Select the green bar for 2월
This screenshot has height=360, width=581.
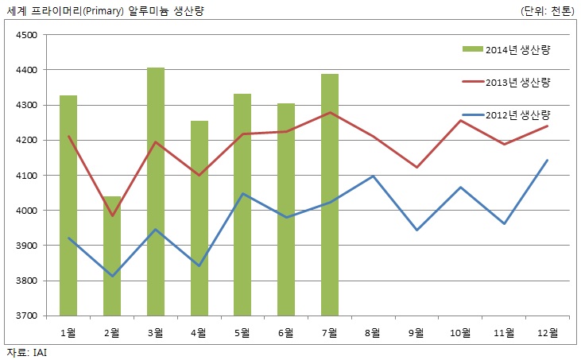(x=112, y=255)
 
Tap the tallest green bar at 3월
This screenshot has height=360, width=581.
(x=156, y=191)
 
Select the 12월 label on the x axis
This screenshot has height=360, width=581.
(x=548, y=331)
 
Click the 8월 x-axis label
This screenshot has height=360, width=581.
(x=374, y=331)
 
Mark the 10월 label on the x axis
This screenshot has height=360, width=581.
(x=460, y=331)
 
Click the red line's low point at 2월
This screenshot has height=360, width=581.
(x=112, y=215)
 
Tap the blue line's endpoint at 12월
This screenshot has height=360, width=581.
(x=548, y=161)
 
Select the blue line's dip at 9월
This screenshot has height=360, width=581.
(x=416, y=230)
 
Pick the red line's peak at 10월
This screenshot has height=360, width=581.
(x=460, y=121)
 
